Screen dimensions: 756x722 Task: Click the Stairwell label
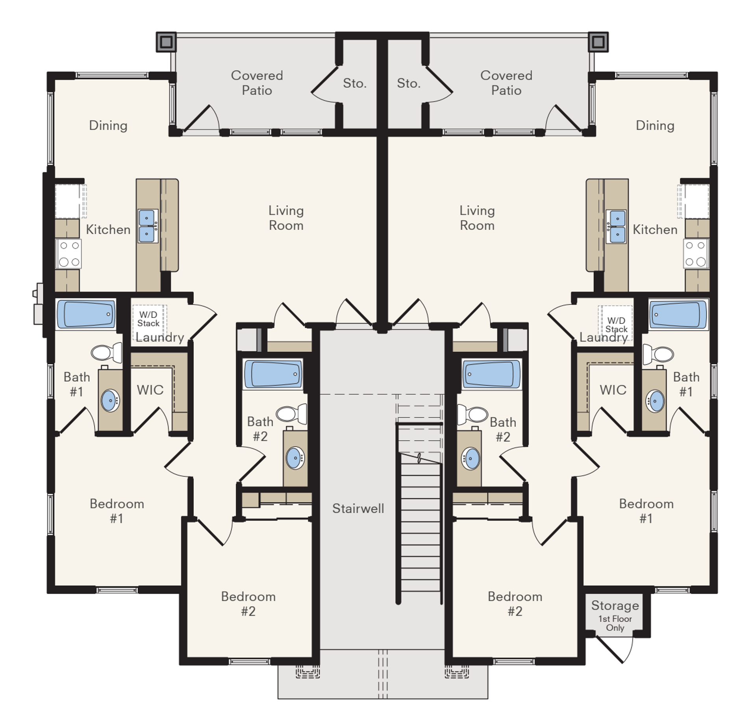(358, 508)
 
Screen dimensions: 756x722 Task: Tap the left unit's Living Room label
(286, 218)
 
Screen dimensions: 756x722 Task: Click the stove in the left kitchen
(68, 254)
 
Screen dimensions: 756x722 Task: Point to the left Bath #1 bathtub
(86, 314)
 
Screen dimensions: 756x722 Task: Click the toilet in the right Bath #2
(472, 415)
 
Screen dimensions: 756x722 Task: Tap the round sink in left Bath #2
(295, 458)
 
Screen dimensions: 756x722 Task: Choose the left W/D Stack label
(148, 319)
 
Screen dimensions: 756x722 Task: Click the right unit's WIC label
(613, 390)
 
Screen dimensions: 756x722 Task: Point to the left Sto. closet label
(355, 83)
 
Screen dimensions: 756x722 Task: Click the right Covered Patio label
(506, 83)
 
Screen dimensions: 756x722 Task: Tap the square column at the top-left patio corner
(166, 42)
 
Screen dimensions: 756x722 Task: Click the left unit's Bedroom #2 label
(248, 604)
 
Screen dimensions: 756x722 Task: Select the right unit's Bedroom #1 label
(646, 511)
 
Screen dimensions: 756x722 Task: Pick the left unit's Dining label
(108, 126)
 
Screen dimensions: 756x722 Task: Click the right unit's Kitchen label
(655, 229)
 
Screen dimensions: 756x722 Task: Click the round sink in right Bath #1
(655, 401)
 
